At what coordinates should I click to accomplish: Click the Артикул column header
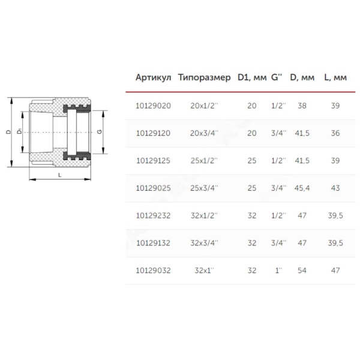(x=154, y=77)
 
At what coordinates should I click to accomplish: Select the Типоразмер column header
(x=205, y=77)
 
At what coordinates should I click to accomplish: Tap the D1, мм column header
(x=252, y=77)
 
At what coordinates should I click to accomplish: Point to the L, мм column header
(x=335, y=77)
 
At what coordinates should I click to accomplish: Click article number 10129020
(x=154, y=106)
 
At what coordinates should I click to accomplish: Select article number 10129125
(x=154, y=161)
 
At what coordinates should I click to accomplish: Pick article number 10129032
(x=154, y=271)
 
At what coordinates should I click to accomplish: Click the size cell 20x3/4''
(x=204, y=133)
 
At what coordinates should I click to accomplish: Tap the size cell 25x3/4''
(x=204, y=188)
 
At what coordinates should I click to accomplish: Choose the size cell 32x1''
(x=204, y=271)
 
